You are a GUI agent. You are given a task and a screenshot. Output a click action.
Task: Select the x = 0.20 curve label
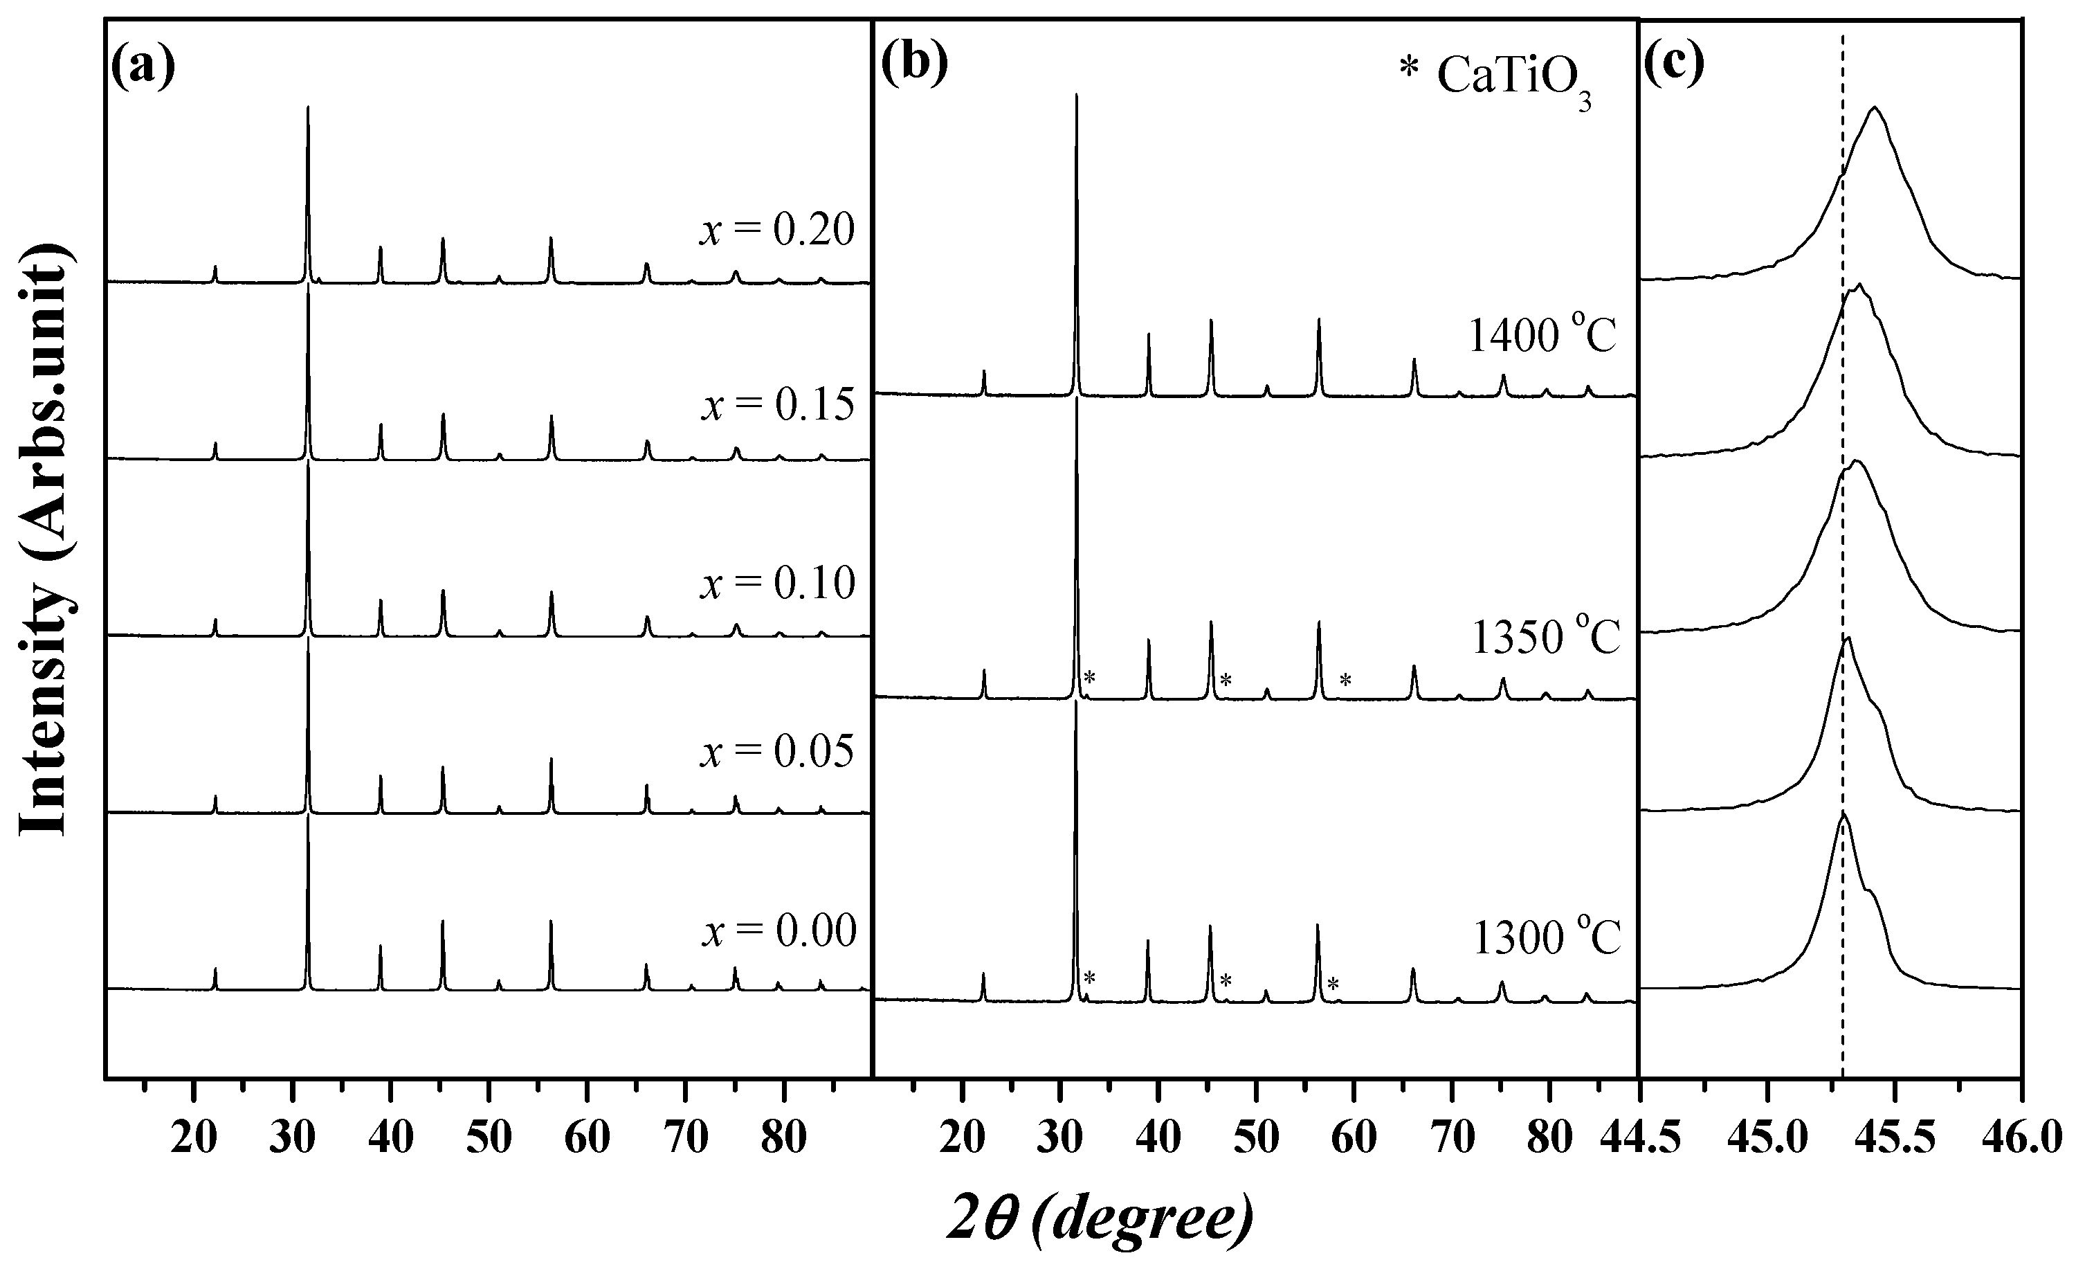pos(777,229)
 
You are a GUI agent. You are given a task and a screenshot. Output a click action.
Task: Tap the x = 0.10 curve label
pos(777,582)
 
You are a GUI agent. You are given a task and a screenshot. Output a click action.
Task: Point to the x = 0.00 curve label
pos(778,931)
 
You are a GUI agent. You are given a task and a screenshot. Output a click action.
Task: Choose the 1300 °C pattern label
pos(1546,938)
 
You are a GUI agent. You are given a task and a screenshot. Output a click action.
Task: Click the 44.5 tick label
pos(1639,1140)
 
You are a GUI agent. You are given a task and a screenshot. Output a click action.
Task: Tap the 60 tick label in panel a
pos(588,1140)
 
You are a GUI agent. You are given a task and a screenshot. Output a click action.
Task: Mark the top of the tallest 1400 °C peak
pos(1077,94)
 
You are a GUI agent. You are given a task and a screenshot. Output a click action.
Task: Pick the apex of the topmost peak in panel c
pos(1874,108)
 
